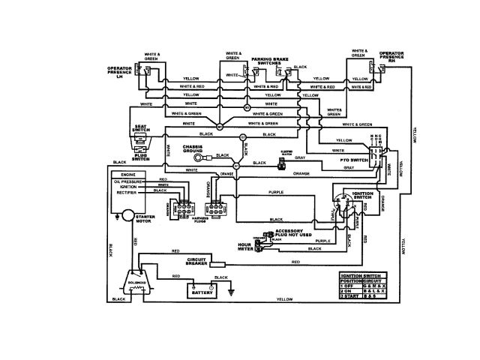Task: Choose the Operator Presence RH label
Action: coord(393,57)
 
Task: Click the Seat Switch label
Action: coord(140,129)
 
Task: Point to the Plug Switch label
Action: coord(140,155)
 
